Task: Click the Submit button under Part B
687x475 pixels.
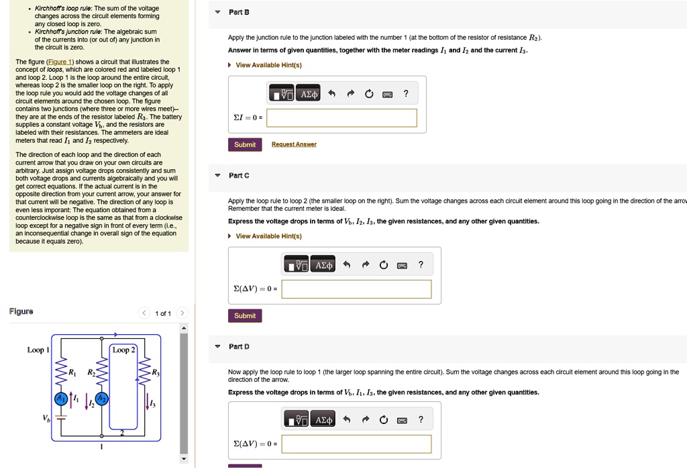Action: (245, 144)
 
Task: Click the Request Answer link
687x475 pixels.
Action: (294, 144)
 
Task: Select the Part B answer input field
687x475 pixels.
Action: (341, 118)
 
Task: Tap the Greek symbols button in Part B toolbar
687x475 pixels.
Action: (309, 94)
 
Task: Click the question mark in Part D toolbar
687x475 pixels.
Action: (421, 420)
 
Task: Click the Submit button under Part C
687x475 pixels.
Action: (245, 315)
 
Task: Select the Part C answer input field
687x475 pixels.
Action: (357, 289)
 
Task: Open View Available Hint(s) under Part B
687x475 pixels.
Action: (268, 65)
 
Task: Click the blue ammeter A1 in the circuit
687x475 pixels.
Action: (62, 399)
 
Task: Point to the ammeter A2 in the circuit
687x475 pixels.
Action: (103, 399)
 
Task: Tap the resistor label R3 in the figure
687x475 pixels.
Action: (155, 372)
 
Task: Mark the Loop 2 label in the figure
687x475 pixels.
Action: (123, 350)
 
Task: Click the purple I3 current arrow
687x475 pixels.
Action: (149, 400)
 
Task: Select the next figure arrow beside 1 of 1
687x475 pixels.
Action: (182, 313)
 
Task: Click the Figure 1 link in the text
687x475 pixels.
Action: (59, 62)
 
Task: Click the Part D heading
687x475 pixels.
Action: (239, 346)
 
